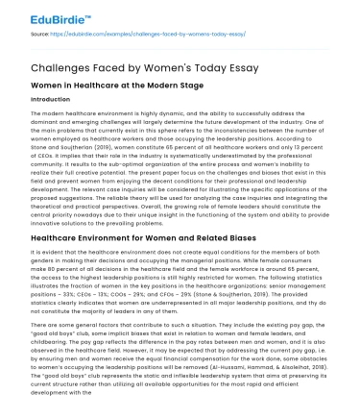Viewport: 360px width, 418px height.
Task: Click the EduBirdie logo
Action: (x=45, y=17)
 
